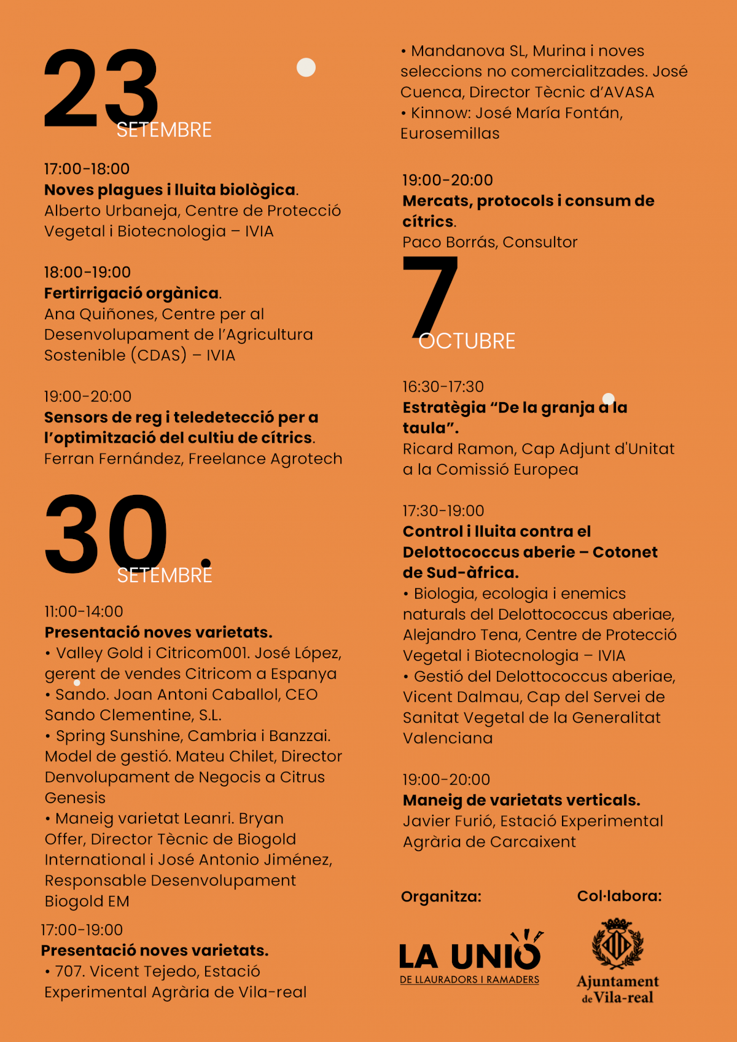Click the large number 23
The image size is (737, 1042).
[101, 89]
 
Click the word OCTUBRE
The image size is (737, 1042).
[467, 341]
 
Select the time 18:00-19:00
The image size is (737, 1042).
[87, 272]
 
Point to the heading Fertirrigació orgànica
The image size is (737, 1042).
[131, 293]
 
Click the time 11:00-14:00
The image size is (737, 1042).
[84, 612]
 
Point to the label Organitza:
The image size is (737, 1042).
[441, 896]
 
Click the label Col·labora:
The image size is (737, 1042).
[619, 896]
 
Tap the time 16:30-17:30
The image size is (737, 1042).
[443, 387]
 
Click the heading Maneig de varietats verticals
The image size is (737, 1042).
[521, 800]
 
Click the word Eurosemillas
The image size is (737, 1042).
[450, 133]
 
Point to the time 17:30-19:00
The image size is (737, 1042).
[443, 511]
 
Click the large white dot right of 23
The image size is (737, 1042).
[306, 67]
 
